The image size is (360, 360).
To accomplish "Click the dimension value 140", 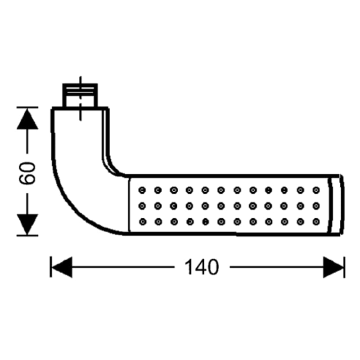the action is coord(202,267).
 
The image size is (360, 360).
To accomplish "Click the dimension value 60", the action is coord(27,173).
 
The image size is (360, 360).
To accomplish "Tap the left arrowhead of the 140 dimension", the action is coord(62,267).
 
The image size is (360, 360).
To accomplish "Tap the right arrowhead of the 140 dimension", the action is coord(333,267).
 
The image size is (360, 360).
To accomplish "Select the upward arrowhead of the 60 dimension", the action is coord(27,119).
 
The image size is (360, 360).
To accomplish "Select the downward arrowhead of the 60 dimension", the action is coord(27,224).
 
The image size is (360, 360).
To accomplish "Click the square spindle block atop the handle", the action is coord(80,95).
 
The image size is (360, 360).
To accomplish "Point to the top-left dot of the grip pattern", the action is coord(142,190).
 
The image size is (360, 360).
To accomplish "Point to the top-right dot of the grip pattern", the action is coord(316,190).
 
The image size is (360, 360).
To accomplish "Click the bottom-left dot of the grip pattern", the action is coord(143,222).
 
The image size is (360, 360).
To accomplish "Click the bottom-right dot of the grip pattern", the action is coord(316,222).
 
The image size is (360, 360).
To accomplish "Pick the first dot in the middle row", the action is coord(142,206).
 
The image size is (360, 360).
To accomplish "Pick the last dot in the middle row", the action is coord(316,206).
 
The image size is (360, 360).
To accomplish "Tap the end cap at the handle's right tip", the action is coord(336,205).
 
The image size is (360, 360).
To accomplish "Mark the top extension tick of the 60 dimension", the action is coord(27,107).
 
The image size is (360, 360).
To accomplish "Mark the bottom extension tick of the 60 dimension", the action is coord(27,235).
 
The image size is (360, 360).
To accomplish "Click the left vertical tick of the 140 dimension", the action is coord(51,267).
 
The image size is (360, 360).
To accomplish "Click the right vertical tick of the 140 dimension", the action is coord(344,267).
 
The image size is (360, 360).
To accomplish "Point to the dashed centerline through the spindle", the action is coord(80,99).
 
